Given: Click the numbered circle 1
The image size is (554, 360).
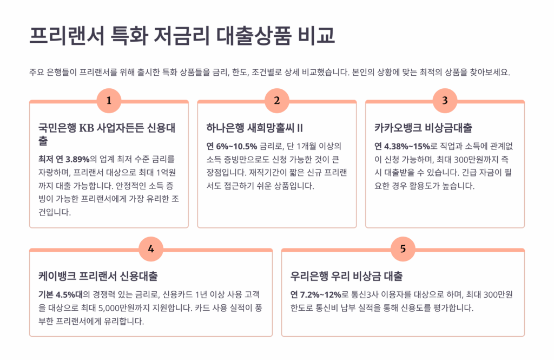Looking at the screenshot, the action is tap(109, 101).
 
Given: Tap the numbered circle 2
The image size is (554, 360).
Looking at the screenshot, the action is tap(277, 101).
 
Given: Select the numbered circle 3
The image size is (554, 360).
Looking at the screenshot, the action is tap(445, 101).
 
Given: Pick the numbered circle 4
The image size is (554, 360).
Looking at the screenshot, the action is tap(151, 249).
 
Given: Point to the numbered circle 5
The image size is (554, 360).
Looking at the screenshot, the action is tap(403, 249).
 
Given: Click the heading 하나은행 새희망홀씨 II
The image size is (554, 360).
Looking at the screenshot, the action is tap(254, 128).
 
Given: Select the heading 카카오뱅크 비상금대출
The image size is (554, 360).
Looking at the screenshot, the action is tap(423, 128).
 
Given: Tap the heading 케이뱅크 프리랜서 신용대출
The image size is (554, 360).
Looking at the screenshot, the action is tap(98, 276).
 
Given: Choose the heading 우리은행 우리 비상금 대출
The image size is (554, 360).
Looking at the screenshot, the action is tap(346, 276).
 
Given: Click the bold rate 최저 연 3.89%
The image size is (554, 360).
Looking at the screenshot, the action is tap(64, 160).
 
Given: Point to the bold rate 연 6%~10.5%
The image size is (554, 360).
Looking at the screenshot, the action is tap(232, 146).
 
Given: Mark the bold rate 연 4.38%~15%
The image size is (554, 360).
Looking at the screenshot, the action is tap(402, 146).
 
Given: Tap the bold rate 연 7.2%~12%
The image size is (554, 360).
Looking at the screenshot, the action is tap(316, 294).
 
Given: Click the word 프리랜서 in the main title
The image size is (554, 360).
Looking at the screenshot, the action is tap(67, 35).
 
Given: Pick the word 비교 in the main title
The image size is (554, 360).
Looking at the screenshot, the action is tap(316, 35).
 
